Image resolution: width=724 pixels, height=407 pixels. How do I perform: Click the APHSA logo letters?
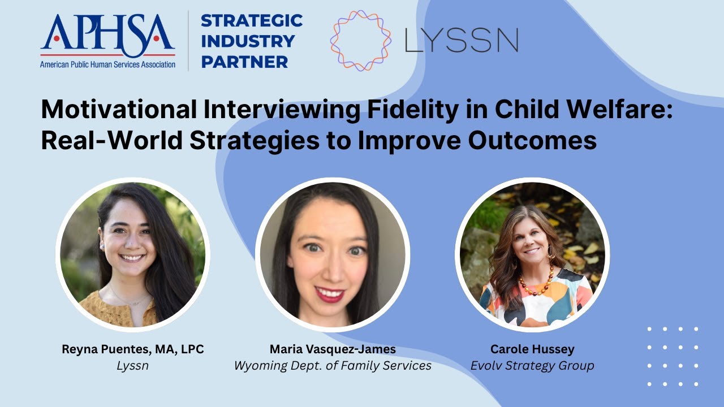pos(107,32)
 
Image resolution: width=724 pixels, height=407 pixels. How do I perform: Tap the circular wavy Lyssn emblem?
pos(360,40)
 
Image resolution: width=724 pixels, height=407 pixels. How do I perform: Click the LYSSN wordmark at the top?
pos(462,40)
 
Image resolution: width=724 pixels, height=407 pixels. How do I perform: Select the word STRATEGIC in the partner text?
pos(252,21)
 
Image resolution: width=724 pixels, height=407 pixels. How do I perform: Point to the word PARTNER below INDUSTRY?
pos(244,62)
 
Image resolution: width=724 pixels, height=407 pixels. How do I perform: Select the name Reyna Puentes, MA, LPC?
pos(132,349)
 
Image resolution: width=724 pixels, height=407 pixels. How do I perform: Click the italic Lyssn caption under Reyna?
pos(132,366)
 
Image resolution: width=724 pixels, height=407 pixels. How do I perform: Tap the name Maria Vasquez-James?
pos(333,349)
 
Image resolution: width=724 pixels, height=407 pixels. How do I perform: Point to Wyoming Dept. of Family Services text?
pos(333,366)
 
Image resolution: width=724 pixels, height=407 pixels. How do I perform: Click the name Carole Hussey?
pos(532,349)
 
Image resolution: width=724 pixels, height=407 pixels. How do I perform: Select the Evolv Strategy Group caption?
pos(532,366)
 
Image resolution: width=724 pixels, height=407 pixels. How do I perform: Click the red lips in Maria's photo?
pos(330,294)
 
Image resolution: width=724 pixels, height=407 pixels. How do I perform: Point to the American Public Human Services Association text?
pos(107,64)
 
